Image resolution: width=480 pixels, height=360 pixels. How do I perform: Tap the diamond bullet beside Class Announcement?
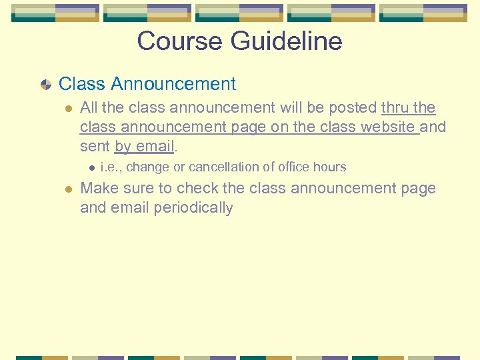(46, 85)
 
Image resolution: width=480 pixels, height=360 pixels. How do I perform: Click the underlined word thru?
(395, 108)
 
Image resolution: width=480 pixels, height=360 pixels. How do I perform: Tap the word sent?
(95, 146)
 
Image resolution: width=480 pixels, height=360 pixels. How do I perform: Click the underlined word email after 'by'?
(155, 146)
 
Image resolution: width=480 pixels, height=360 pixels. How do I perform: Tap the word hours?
(329, 167)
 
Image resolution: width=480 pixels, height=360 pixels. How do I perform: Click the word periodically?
(193, 208)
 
